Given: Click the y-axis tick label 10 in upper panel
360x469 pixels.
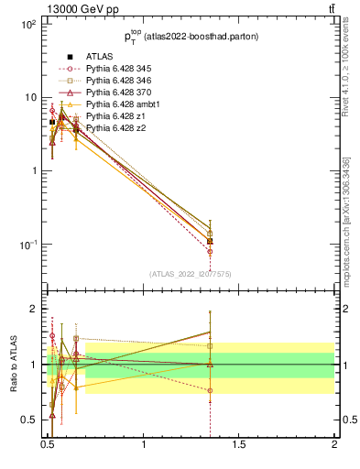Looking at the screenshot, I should [29, 98].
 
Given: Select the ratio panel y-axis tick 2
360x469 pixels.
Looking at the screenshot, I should [34, 310].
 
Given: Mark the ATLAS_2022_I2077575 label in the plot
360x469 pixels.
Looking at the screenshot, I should [191, 274].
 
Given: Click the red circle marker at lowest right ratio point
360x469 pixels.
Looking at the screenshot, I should [211, 390].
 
